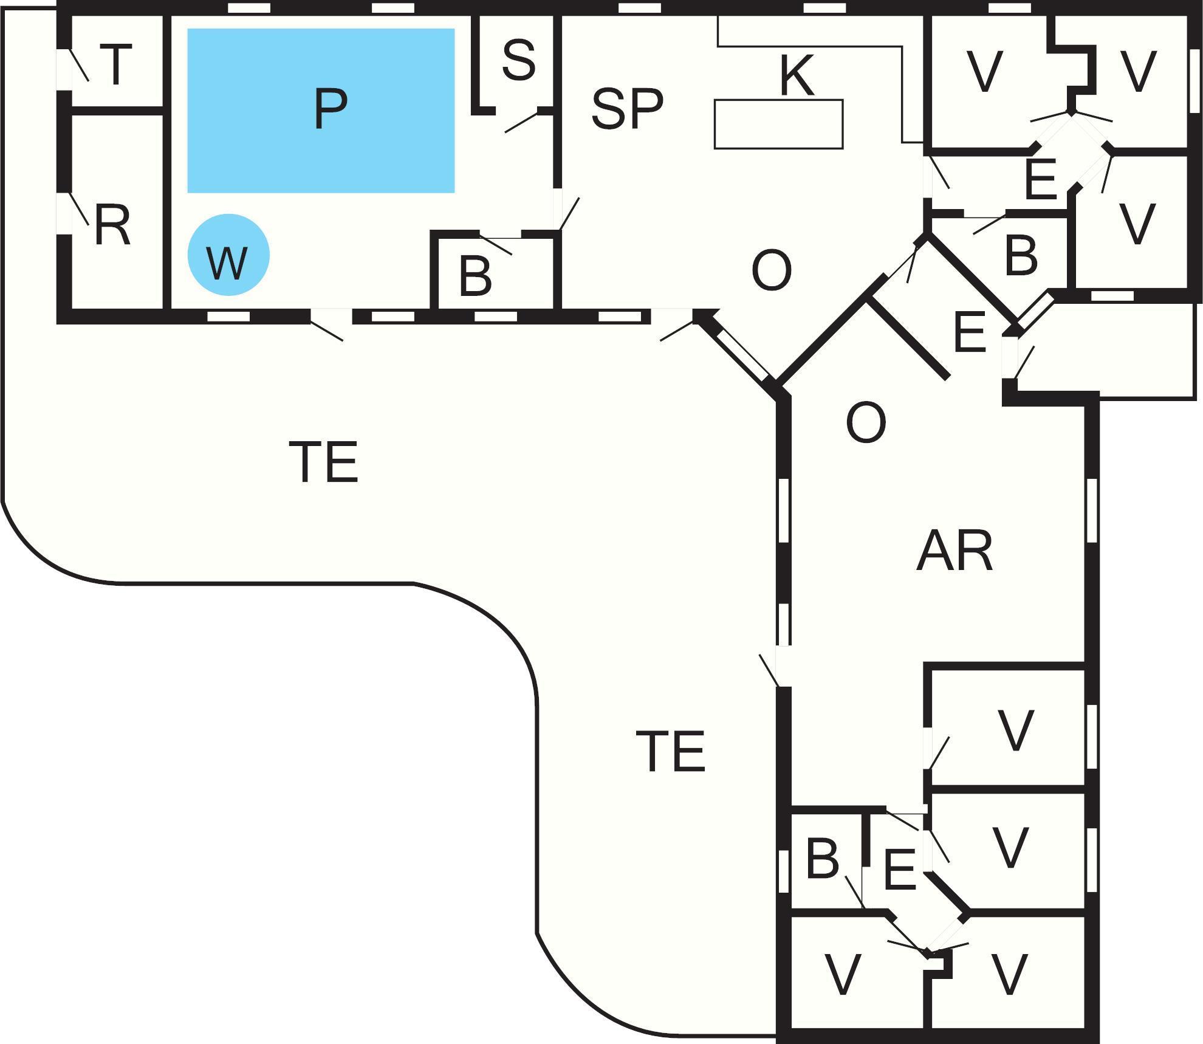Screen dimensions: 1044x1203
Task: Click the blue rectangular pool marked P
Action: pyautogui.click(x=321, y=111)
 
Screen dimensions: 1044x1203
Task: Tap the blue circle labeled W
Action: pyautogui.click(x=228, y=255)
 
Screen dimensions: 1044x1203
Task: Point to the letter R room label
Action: pyautogui.click(x=112, y=225)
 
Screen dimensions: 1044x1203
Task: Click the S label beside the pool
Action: pyautogui.click(x=519, y=60)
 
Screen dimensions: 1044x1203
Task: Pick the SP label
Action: pyautogui.click(x=626, y=109)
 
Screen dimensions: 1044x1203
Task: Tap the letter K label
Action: pyautogui.click(x=795, y=76)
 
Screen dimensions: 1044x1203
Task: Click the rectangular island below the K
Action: pyautogui.click(x=778, y=124)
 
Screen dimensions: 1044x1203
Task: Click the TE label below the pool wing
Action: pyautogui.click(x=323, y=462)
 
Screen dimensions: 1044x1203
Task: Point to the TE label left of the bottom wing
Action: pyautogui.click(x=670, y=751)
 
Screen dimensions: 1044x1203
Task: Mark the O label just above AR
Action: pyautogui.click(x=866, y=422)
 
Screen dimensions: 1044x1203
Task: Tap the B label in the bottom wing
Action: pyautogui.click(x=823, y=859)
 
